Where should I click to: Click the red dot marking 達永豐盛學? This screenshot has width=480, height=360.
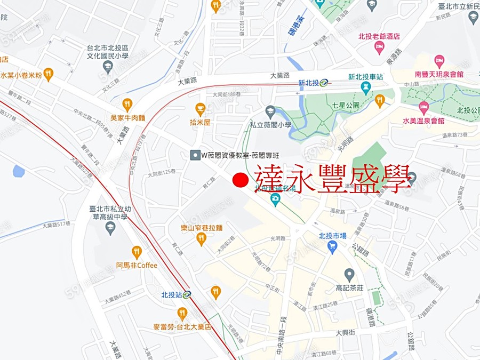tap(241, 180)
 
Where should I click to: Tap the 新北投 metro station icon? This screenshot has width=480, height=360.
tap(324, 83)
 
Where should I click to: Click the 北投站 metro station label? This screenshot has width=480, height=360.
tap(172, 294)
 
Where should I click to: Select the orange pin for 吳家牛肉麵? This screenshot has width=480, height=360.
tap(127, 105)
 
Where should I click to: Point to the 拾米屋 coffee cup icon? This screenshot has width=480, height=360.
tap(201, 109)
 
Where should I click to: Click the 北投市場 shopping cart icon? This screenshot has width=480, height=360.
tap(333, 246)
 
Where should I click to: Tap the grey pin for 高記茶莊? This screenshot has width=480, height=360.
tap(349, 275)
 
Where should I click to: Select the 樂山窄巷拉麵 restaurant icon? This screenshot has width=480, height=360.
tap(201, 238)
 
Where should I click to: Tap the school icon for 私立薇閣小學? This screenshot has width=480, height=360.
tap(270, 111)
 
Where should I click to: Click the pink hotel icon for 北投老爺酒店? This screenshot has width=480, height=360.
tap(380, 49)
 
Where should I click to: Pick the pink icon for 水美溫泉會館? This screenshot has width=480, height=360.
tap(424, 107)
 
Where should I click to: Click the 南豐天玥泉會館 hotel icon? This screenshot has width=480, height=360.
tap(439, 60)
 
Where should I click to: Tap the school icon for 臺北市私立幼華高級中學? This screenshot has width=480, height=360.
tap(110, 228)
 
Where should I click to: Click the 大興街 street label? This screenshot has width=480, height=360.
tap(346, 333)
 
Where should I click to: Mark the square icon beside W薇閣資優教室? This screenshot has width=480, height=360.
tap(195, 155)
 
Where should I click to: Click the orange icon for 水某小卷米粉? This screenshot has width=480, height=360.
tap(49, 74)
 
